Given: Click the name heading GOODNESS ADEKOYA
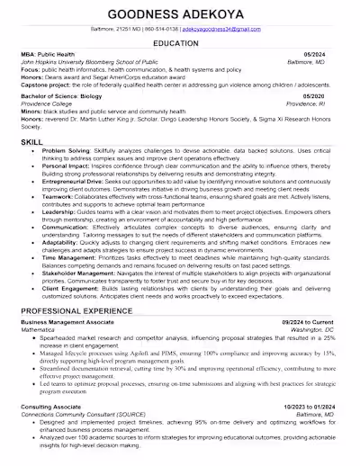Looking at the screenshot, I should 180,15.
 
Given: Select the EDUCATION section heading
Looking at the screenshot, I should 180,44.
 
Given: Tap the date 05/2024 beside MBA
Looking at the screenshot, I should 321,56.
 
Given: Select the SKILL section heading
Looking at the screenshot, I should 32,142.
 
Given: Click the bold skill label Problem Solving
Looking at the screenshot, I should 66,152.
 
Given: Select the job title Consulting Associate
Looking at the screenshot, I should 51,406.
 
